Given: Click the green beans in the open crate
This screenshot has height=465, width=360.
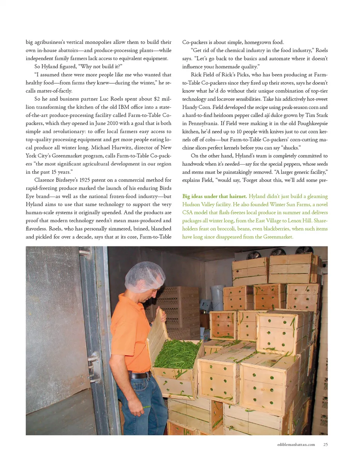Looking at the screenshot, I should click(x=176, y=353).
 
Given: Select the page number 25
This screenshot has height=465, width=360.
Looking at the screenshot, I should click(x=325, y=444).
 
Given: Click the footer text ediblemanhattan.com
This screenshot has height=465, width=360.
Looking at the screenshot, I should click(x=296, y=444).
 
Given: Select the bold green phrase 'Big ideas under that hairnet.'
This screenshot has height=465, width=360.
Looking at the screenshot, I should click(x=214, y=196).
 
